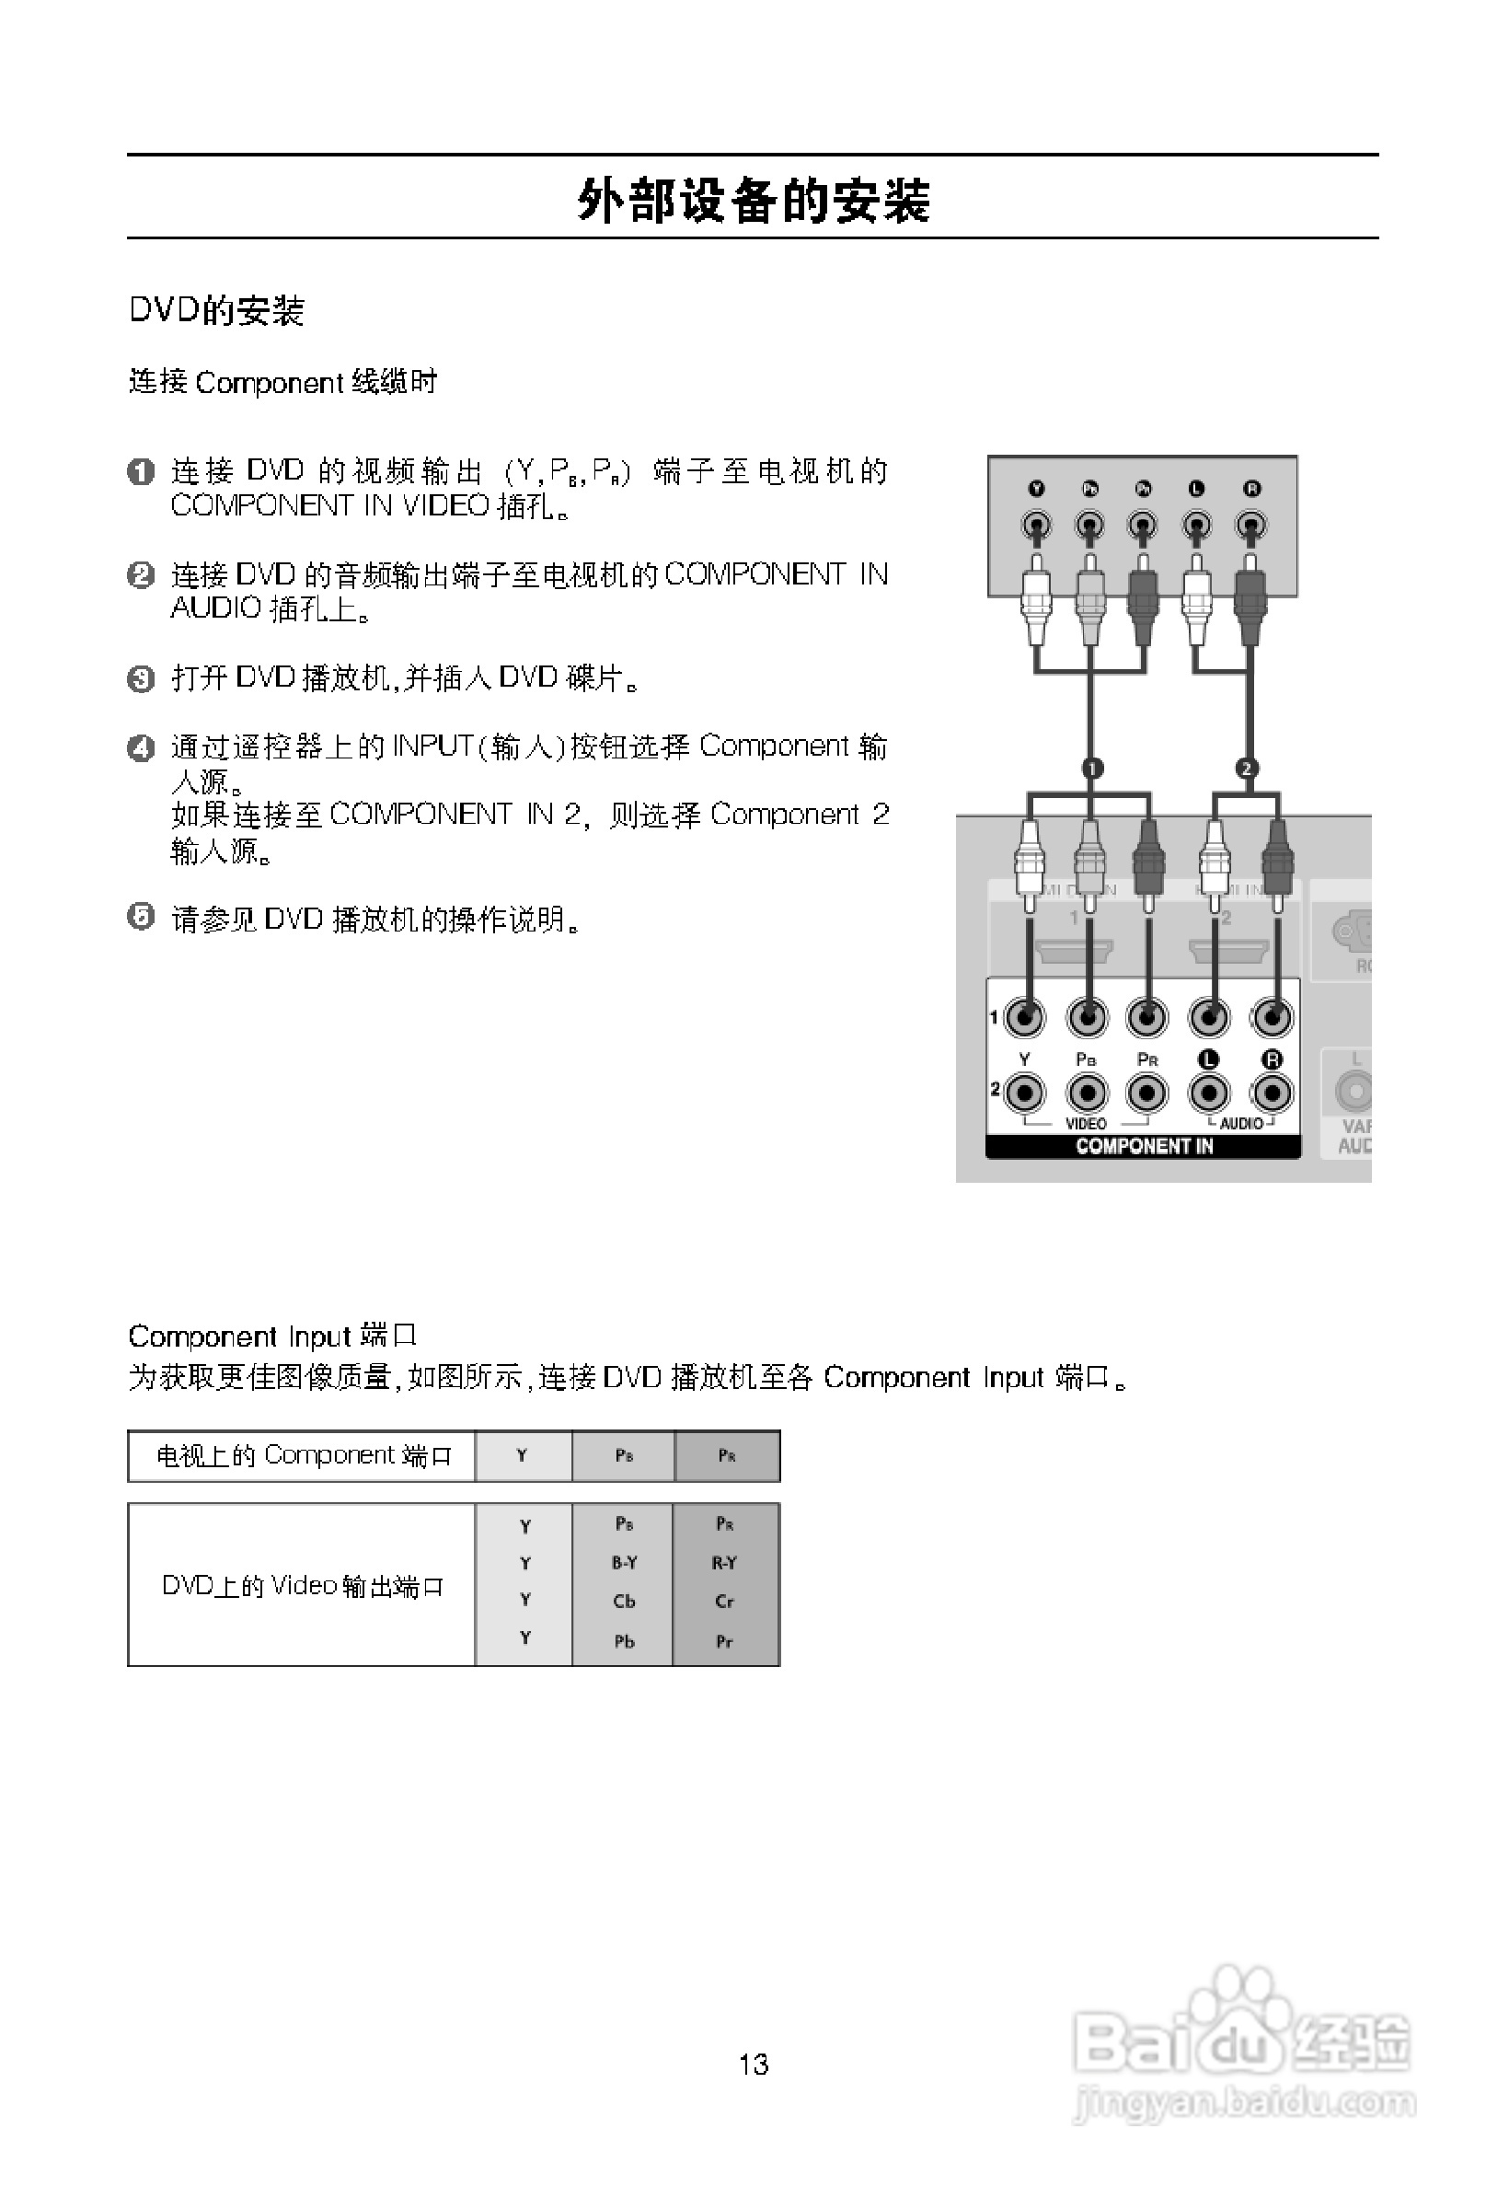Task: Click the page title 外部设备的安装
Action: pos(754,201)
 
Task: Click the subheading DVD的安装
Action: pos(216,310)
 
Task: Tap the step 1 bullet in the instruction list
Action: pos(141,471)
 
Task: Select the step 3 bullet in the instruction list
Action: pos(141,678)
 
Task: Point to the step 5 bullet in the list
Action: pos(141,917)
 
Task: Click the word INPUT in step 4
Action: pos(432,746)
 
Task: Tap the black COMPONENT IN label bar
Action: pos(1143,1146)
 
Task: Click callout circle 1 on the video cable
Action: pos(1092,768)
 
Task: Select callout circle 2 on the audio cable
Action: pos(1246,768)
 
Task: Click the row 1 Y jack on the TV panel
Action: pos(1025,1018)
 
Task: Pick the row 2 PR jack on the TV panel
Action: pos(1146,1093)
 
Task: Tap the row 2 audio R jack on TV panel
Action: pos(1272,1093)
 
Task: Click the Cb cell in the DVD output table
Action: pos(624,1601)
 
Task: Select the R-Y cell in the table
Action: pos(724,1563)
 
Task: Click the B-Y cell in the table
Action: pos(624,1563)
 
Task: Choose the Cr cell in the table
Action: pos(724,1601)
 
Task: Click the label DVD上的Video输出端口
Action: pos(303,1585)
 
